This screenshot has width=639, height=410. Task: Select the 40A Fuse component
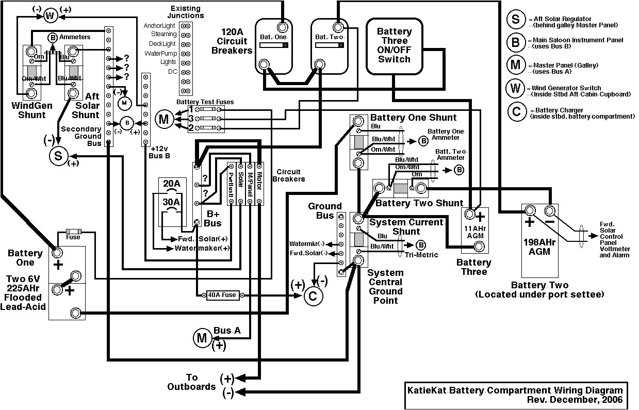[221, 295]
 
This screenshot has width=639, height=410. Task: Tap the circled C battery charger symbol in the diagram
[312, 296]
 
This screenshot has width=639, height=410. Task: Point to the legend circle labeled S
[515, 21]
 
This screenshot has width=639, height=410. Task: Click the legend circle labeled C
[515, 112]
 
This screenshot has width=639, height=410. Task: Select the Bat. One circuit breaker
[273, 45]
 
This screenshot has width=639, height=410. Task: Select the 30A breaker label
[172, 202]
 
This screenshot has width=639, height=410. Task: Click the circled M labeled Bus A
[201, 338]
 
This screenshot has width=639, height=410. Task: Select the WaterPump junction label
[161, 53]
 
